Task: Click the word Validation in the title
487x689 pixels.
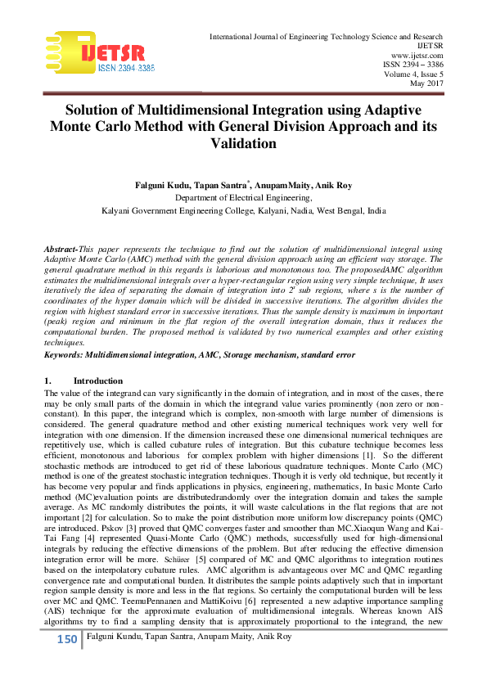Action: [x=243, y=144]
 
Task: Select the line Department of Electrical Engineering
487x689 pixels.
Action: [x=243, y=197]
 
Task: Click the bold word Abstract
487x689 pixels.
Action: [x=61, y=247]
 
